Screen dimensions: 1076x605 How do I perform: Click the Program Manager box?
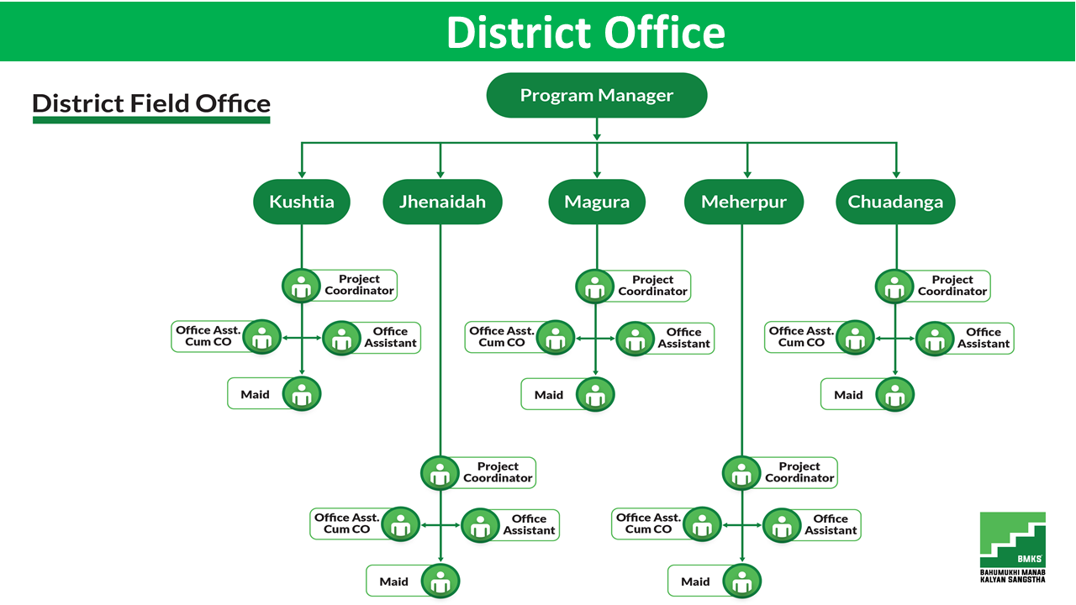597,95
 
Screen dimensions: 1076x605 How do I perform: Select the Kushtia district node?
302,202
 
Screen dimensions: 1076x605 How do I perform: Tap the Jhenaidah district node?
442,202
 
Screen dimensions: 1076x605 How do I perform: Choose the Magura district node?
597,202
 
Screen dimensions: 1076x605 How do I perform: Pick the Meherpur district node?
744,202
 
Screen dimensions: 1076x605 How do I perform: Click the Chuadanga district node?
895,202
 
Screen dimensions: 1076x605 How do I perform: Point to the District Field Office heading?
151,103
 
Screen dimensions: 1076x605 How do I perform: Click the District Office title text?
586,32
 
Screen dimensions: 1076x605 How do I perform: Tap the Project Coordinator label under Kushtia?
359,285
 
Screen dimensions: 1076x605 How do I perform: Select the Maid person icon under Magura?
595,395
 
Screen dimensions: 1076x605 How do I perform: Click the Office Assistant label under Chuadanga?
984,338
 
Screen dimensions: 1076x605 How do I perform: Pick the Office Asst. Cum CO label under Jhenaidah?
347,523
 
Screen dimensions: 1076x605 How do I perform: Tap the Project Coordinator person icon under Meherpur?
741,473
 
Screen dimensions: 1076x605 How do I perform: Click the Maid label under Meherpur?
695,581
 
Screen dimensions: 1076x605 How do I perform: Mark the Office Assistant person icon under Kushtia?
341,338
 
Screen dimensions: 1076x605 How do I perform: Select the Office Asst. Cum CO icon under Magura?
556,338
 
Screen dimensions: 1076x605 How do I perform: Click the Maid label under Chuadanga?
848,395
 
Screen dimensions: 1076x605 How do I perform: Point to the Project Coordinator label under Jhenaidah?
498,472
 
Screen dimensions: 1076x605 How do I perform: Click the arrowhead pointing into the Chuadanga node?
896,175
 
